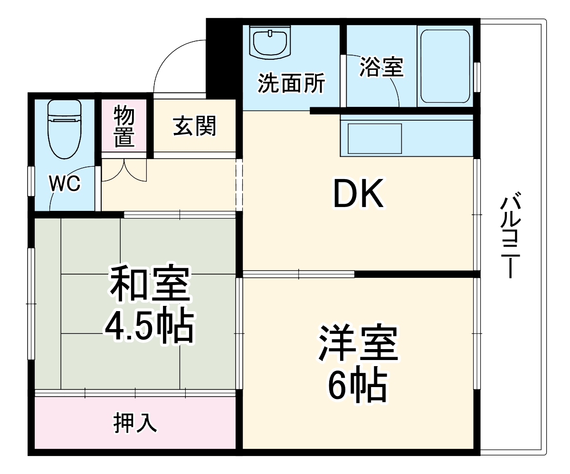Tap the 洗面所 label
[291, 84]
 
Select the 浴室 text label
[381, 67]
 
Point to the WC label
[65, 184]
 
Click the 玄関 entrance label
[194, 126]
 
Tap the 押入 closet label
[135, 422]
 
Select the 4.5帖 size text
[149, 327]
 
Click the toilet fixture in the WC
[65, 128]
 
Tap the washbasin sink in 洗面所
[270, 42]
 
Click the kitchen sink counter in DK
[375, 138]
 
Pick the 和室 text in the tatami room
[150, 285]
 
